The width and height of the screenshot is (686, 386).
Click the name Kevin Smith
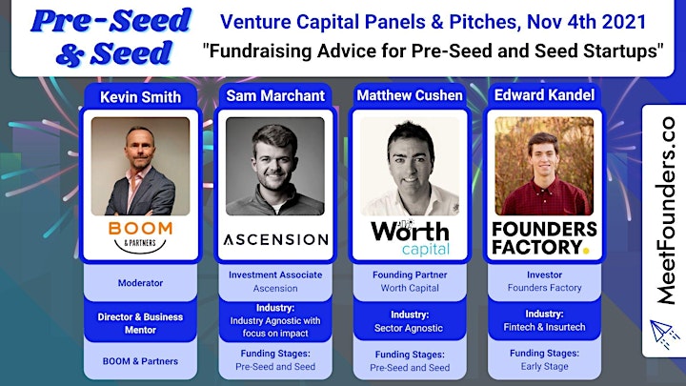click(140, 97)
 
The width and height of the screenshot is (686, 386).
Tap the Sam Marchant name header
click(275, 96)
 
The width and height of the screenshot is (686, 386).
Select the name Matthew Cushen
click(410, 95)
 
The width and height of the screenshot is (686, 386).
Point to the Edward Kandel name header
click(544, 95)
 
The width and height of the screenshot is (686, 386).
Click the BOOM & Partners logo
click(140, 237)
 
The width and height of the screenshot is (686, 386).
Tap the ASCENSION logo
click(275, 239)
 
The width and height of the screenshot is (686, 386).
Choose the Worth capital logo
click(410, 237)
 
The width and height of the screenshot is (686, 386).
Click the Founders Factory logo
click(544, 237)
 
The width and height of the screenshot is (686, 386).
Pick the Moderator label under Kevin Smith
click(140, 283)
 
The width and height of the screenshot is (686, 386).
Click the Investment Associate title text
click(275, 274)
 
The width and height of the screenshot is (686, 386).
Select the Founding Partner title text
click(410, 274)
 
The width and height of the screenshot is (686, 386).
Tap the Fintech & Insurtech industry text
click(544, 327)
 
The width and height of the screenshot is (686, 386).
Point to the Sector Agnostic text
click(409, 328)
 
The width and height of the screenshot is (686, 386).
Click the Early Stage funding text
click(544, 366)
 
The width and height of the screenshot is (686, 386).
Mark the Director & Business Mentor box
click(140, 323)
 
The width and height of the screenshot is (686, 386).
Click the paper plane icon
click(663, 334)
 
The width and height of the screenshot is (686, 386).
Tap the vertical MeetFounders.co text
click(666, 211)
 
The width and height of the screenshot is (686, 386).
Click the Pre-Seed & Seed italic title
click(111, 37)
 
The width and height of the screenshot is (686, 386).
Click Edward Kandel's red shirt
click(544, 198)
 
